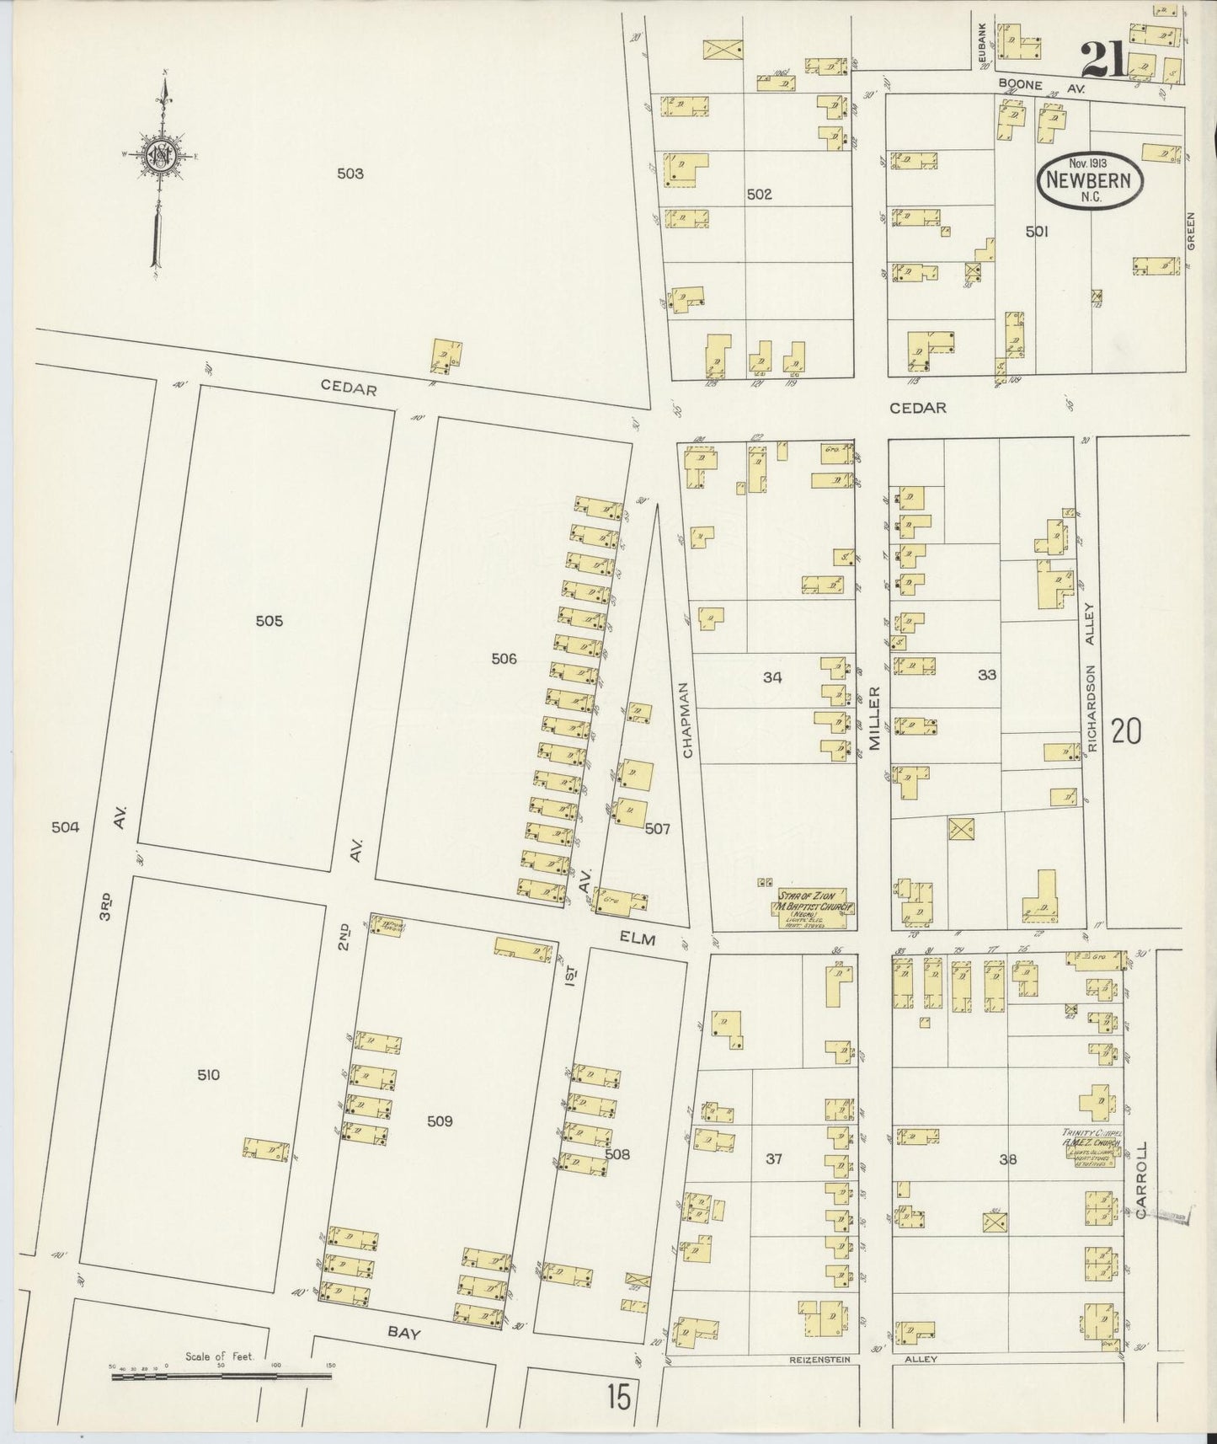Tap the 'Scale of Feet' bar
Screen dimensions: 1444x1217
click(221, 1377)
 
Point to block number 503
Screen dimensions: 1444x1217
click(350, 174)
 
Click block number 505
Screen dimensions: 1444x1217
click(269, 621)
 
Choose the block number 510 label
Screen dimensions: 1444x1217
click(208, 1075)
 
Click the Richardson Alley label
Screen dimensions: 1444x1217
click(1090, 677)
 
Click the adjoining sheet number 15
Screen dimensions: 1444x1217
click(617, 1398)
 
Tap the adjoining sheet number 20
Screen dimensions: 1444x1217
click(1126, 731)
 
